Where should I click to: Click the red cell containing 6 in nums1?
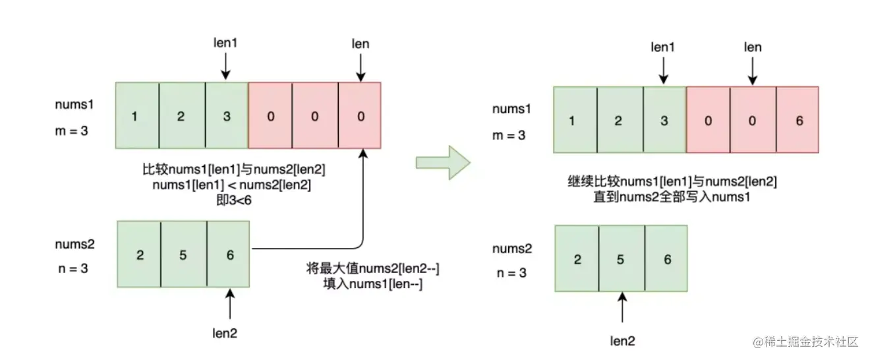[799, 121]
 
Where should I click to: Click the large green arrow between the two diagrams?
[442, 162]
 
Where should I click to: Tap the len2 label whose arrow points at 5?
[622, 341]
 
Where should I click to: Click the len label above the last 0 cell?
[360, 44]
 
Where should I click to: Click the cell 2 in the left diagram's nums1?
[182, 117]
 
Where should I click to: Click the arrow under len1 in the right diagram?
[664, 70]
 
